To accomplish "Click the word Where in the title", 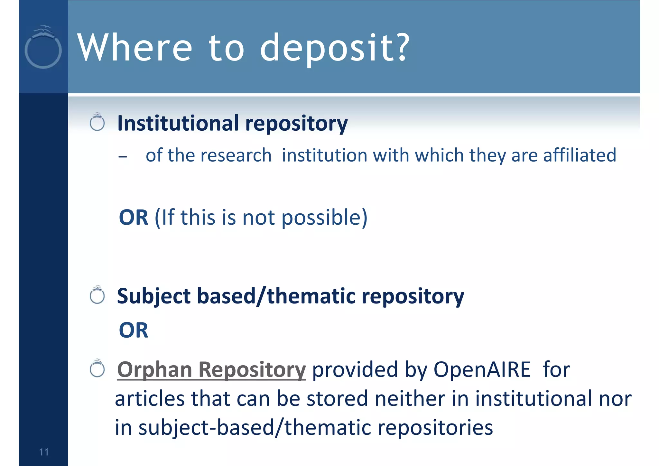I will [135, 48].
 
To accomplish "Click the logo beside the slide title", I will [43, 47].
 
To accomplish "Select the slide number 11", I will [44, 452].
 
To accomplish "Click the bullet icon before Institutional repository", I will [97, 122].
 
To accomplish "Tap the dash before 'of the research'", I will [123, 157].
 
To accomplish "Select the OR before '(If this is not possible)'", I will [134, 217].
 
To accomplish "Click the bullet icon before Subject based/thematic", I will [97, 295].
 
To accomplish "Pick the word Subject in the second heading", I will [154, 296].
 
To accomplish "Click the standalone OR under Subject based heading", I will [134, 330].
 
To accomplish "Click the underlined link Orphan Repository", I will [211, 369].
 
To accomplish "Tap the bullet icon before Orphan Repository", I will [97, 369].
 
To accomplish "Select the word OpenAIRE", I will [482, 369].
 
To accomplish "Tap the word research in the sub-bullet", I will [236, 155].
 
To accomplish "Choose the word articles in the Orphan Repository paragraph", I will [150, 398].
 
